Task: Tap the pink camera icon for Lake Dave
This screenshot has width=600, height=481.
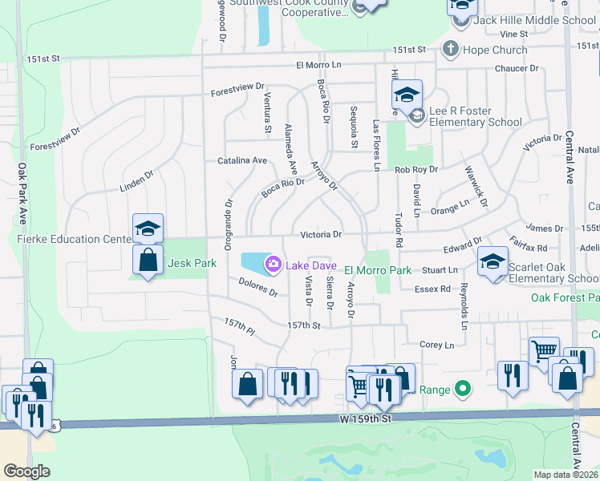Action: coord(274,263)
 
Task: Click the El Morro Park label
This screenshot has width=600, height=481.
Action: coord(378,271)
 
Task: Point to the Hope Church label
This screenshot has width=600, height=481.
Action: coord(494,50)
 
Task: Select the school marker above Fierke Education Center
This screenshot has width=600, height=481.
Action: coord(148,228)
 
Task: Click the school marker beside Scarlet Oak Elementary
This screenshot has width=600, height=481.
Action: coord(493,261)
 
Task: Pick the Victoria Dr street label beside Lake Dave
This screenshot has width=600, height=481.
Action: coord(321,235)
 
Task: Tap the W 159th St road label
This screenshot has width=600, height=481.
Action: coord(365,418)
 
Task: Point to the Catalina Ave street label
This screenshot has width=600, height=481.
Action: coord(242,160)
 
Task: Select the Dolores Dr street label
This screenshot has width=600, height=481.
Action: coord(257,286)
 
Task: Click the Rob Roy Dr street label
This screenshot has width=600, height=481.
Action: coord(416,169)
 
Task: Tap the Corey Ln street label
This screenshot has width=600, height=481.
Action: coord(437,345)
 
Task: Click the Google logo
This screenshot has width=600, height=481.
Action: coord(27,471)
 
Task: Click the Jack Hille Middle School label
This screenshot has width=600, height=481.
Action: coord(534,20)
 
